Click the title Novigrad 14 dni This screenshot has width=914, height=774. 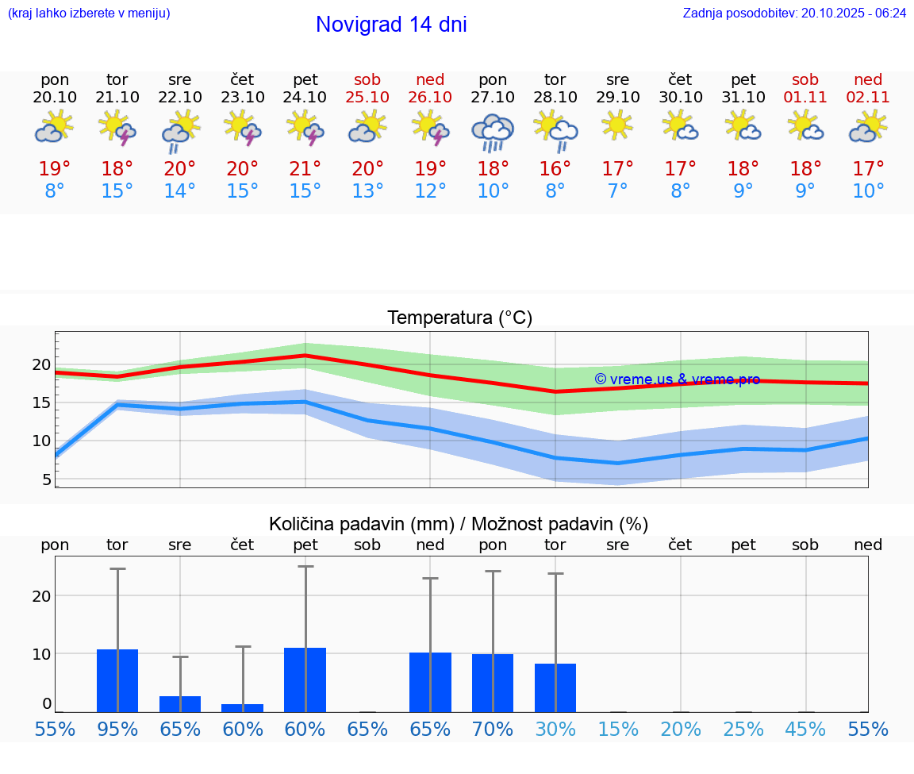click(391, 25)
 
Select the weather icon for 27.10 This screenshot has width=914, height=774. click(493, 132)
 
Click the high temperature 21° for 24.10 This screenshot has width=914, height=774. click(305, 168)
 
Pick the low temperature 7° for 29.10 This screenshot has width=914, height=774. click(617, 191)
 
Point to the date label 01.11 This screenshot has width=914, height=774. click(805, 97)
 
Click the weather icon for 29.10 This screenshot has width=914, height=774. click(617, 125)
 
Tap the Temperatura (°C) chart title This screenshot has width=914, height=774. click(459, 318)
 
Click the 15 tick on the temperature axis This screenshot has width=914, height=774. click(40, 402)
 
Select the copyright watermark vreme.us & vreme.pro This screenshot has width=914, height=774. click(677, 379)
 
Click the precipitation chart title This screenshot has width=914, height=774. click(459, 524)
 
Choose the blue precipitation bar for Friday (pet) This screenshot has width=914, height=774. click(305, 680)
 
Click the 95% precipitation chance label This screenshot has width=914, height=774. click(117, 729)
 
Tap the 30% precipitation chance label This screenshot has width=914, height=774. click(555, 729)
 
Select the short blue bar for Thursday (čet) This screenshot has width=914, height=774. click(243, 707)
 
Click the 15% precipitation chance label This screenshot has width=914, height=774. click(617, 729)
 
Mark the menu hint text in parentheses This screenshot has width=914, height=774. click(89, 13)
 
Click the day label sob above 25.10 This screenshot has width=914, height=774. click(367, 79)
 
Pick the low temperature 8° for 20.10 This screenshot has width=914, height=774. click(55, 191)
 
